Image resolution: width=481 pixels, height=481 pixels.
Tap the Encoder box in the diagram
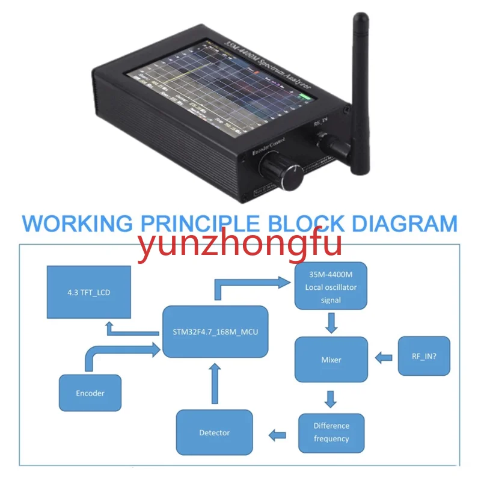[x=90, y=393]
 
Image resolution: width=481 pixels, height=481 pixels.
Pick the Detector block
[x=215, y=432]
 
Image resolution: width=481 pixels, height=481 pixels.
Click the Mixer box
[x=331, y=360]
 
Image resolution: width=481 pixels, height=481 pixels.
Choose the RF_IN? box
[x=424, y=356]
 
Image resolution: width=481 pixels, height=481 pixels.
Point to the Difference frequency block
[x=331, y=432]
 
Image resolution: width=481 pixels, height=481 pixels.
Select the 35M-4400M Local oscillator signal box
[x=331, y=286]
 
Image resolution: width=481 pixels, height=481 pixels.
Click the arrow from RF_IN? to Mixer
[x=383, y=358]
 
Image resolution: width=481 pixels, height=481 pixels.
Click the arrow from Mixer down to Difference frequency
[x=329, y=398]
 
